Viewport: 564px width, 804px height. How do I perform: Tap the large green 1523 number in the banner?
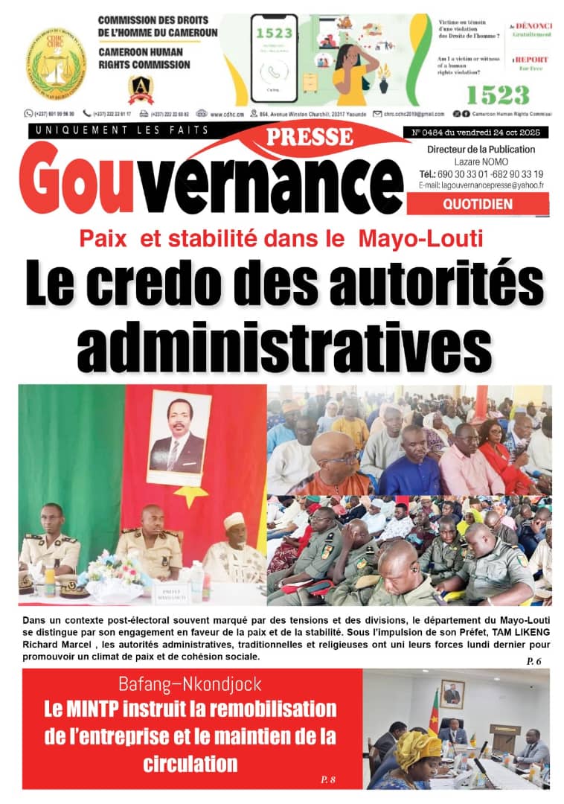click(496, 95)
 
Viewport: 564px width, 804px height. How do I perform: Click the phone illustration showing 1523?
click(274, 58)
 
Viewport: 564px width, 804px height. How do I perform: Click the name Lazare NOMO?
click(477, 161)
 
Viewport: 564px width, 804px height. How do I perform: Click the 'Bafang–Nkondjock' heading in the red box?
click(189, 684)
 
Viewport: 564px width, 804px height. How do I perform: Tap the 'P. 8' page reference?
click(328, 779)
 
